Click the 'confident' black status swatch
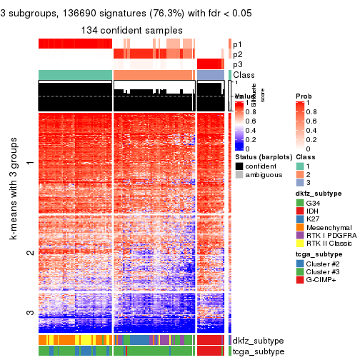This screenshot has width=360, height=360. tap(239, 166)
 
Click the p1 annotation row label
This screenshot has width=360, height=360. tap(237, 44)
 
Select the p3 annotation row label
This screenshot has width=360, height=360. tap(237, 64)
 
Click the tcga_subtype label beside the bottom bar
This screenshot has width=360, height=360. tap(256, 351)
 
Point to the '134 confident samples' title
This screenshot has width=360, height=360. tap(131, 30)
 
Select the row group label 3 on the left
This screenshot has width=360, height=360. tap(29, 312)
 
